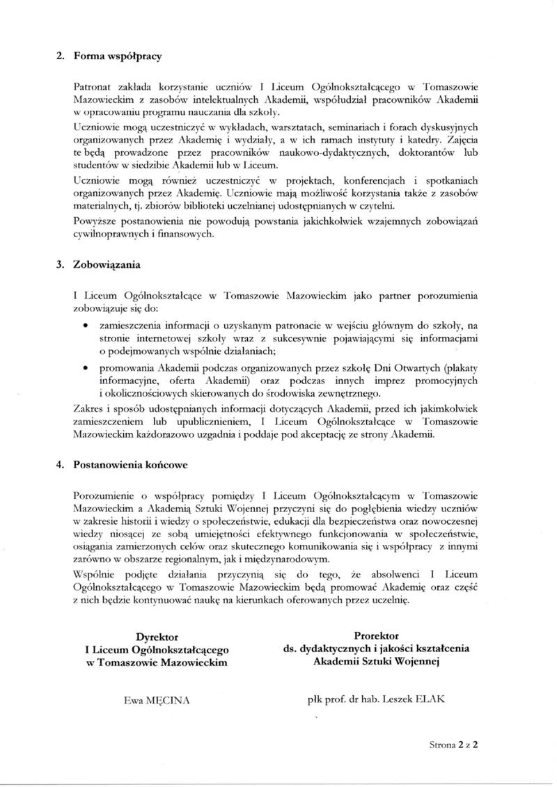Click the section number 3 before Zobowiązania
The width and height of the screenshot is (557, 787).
[59, 265]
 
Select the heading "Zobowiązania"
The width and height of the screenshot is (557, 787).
[108, 265]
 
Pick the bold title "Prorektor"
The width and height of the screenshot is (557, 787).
[376, 635]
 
